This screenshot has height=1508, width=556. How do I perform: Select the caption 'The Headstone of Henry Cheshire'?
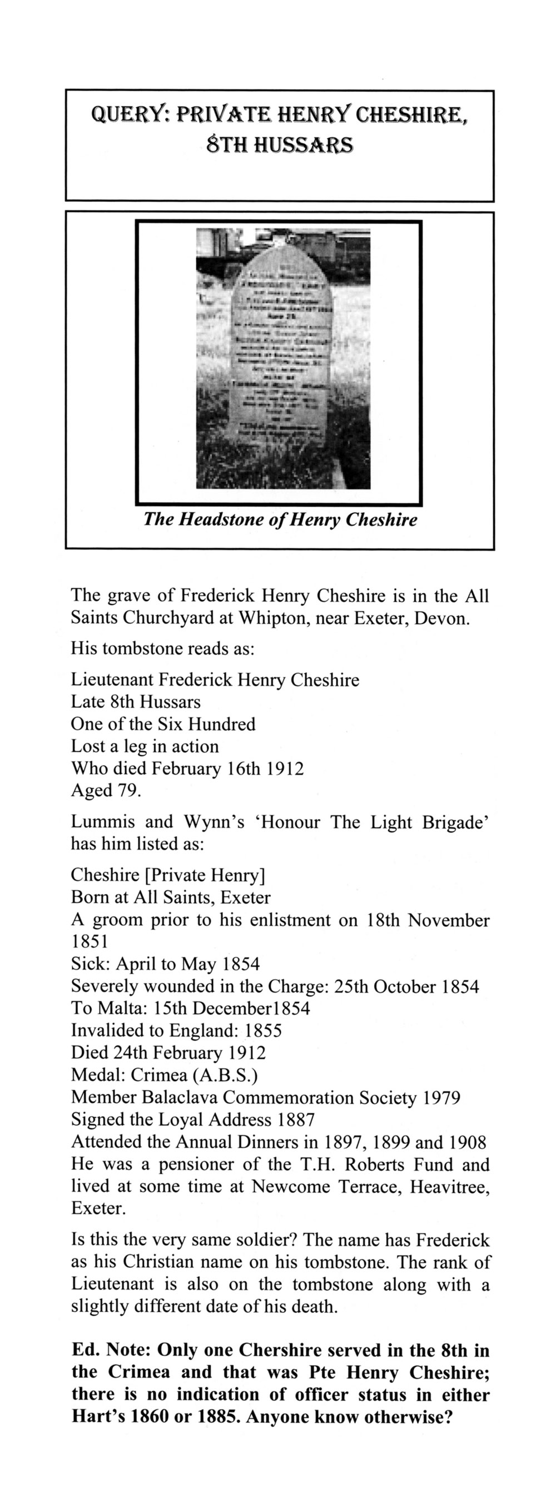pos(280,519)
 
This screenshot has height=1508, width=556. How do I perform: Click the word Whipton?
pos(277,618)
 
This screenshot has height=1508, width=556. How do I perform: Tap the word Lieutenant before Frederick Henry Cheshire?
pos(112,679)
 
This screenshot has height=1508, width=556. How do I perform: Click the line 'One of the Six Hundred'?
pos(163,724)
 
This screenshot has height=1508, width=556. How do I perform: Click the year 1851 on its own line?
pos(90,942)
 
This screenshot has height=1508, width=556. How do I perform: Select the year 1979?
pos(440,1098)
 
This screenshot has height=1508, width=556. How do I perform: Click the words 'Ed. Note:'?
pos(112,1351)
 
